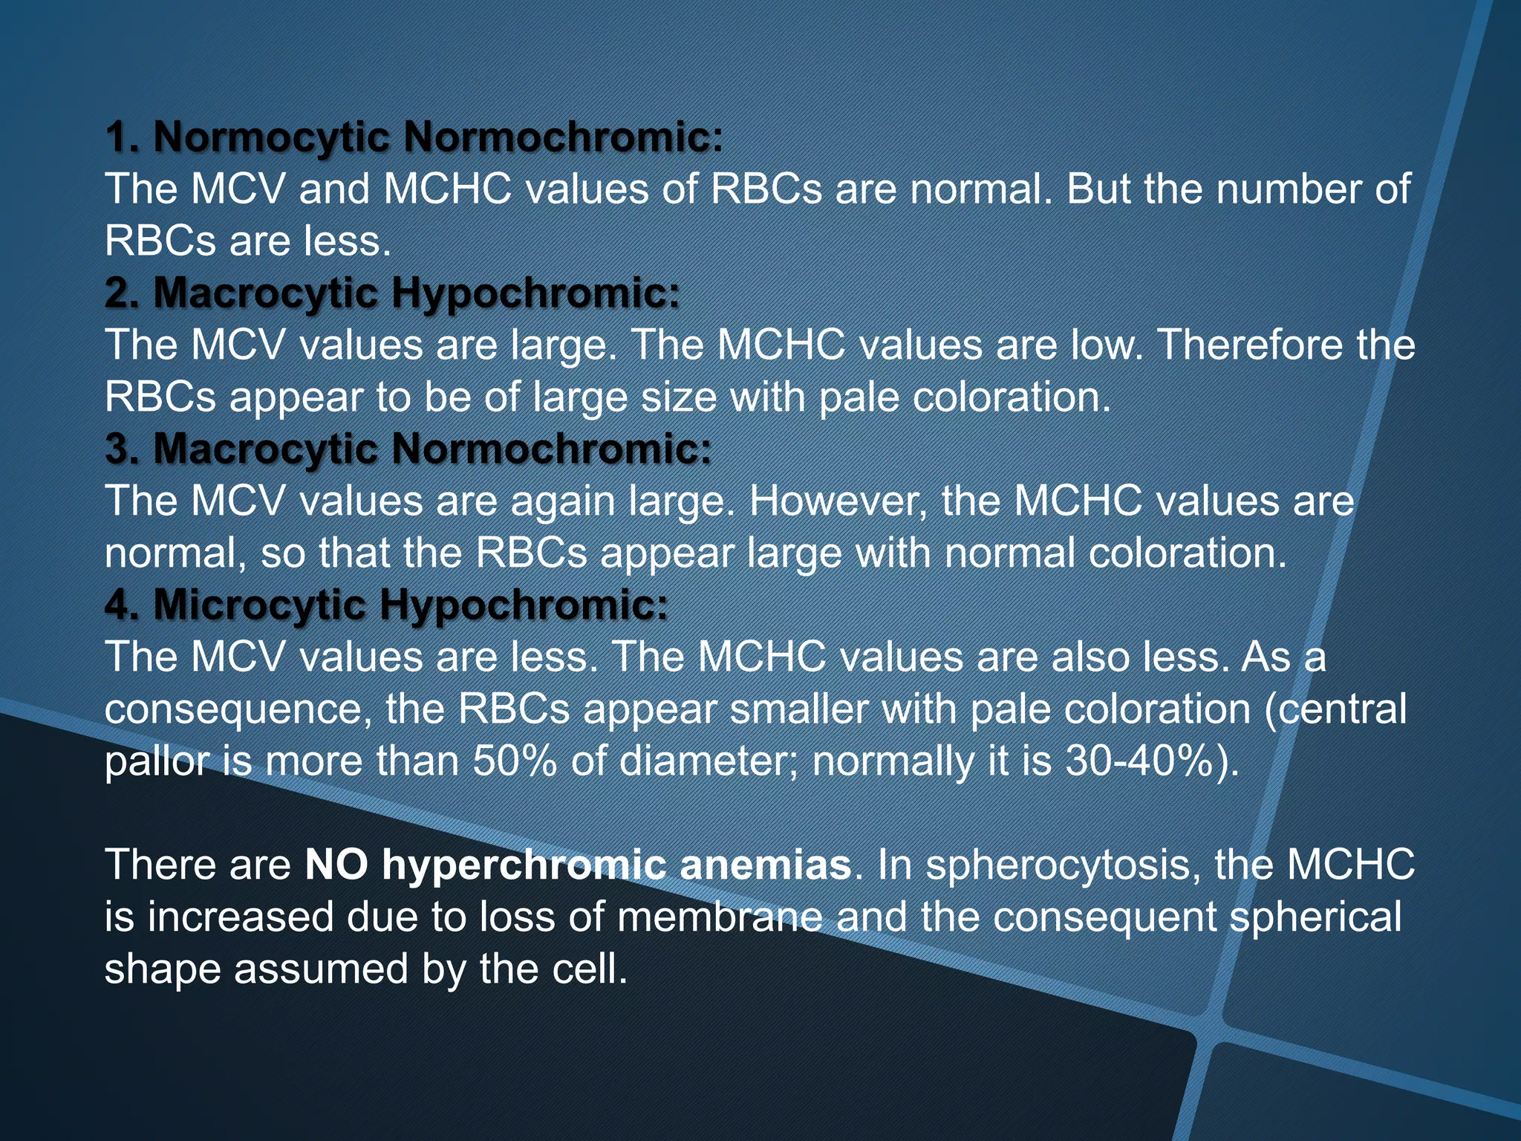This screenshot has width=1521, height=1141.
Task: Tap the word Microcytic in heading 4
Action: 259,605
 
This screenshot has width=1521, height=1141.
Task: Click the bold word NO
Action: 336,865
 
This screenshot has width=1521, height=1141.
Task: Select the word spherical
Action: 1315,918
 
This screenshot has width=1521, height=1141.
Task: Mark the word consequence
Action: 237,710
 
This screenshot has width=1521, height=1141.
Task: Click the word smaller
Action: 799,709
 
